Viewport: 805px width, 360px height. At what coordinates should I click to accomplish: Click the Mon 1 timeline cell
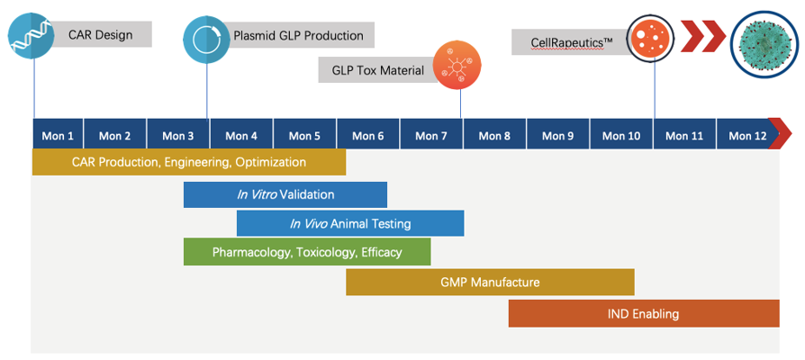tap(58, 136)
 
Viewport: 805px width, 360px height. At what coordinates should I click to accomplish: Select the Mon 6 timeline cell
tap(368, 136)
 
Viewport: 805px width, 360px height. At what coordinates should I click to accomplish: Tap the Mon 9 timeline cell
tap(557, 136)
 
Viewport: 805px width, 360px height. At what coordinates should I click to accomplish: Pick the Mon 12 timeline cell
tap(747, 136)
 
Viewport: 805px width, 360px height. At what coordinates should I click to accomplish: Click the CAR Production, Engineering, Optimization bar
tap(189, 162)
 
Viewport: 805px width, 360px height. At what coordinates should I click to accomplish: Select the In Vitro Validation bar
tap(285, 194)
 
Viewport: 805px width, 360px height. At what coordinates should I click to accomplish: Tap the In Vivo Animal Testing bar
tap(350, 223)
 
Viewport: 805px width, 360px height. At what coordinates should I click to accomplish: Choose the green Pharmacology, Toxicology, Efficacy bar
tap(307, 252)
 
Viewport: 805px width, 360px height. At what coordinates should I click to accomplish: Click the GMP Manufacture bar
tap(490, 282)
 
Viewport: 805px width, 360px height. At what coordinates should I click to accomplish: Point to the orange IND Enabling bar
tap(643, 313)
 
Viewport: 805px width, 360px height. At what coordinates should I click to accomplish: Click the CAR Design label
tap(100, 35)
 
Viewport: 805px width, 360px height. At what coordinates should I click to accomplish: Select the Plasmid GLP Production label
tap(298, 36)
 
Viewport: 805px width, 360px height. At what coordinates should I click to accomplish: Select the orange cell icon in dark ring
tap(650, 39)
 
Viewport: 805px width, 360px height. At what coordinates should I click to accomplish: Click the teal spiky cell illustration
tap(764, 45)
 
